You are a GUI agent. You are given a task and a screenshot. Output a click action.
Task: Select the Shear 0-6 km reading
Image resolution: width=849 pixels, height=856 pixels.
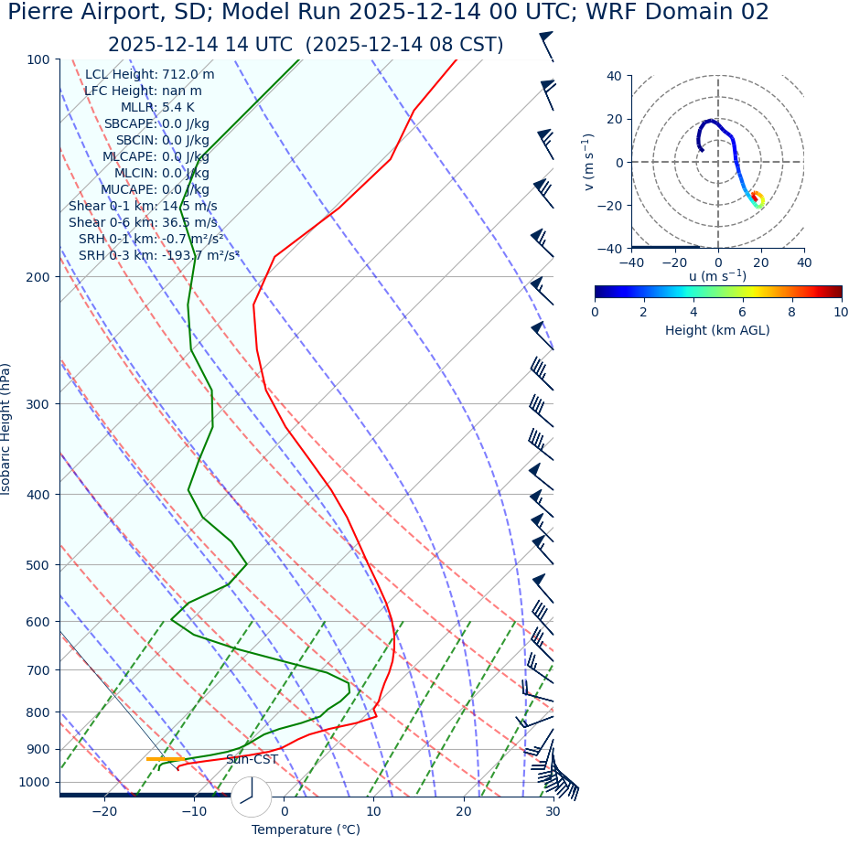(x=143, y=222)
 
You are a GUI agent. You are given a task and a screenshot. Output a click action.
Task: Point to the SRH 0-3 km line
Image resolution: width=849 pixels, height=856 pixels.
(x=158, y=255)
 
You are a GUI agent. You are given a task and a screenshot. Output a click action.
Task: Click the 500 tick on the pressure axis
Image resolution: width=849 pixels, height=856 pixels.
(x=38, y=565)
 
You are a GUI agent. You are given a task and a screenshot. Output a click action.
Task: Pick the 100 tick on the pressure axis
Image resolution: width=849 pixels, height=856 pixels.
(x=38, y=59)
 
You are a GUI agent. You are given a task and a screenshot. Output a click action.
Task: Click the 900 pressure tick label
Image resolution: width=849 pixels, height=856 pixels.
(x=38, y=749)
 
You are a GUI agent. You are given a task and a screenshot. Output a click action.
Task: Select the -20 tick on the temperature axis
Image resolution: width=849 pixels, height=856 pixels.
(x=104, y=811)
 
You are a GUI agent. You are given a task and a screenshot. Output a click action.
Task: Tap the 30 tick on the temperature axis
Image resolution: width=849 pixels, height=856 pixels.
(x=553, y=811)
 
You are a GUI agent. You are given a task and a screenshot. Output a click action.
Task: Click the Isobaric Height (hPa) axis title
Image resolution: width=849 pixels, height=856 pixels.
(x=6, y=429)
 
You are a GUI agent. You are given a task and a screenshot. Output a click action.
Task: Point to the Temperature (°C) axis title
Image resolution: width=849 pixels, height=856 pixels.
(x=306, y=829)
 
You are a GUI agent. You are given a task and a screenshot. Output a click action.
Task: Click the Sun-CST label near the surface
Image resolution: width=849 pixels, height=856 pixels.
(x=252, y=759)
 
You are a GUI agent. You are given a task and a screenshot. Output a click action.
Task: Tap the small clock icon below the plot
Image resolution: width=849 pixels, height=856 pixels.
(x=251, y=797)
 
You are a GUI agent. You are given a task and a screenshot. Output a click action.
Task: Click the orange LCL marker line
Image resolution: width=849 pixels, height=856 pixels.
(x=165, y=759)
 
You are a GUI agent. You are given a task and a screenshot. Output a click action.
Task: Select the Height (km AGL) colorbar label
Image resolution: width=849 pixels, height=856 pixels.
(x=717, y=330)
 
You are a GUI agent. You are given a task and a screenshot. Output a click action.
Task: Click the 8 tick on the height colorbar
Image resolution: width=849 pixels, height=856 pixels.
(x=791, y=312)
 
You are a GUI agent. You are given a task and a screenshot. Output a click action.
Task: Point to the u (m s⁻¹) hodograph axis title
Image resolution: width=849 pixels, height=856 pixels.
(x=717, y=276)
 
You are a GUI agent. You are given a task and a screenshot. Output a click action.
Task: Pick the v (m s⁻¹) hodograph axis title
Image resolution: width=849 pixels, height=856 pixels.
(x=589, y=162)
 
